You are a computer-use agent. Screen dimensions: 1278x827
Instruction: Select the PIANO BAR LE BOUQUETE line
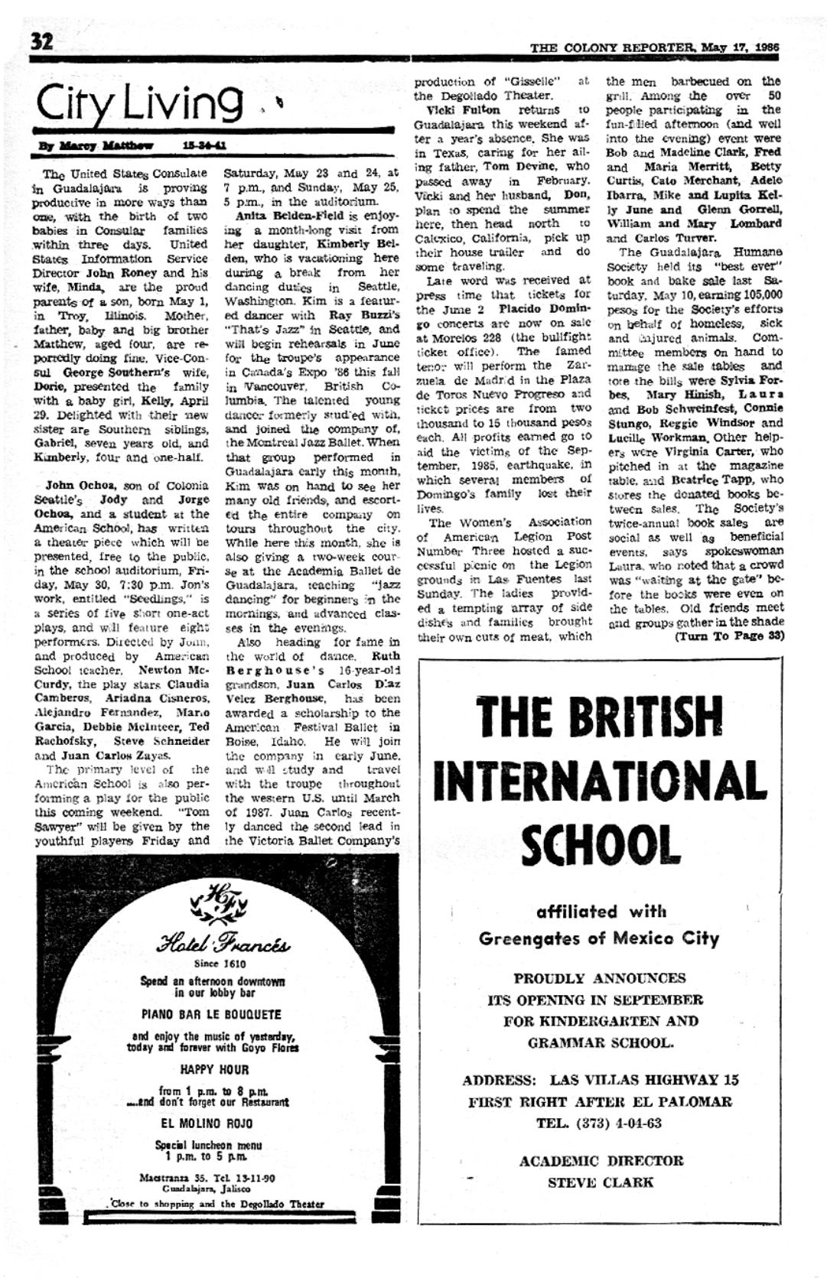212,1015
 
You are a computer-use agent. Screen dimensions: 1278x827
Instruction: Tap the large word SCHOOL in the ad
601,844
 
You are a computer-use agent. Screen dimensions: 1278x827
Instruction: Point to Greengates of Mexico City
599,938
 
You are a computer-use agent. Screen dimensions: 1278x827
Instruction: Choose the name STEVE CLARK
601,1182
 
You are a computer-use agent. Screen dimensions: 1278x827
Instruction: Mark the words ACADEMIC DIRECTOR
601,1160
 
